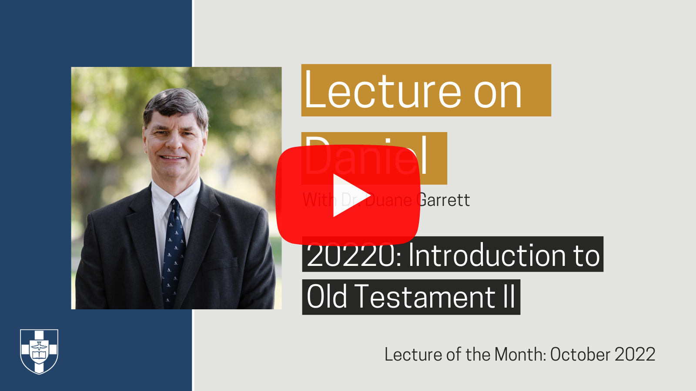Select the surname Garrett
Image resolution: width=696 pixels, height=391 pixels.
tap(443, 200)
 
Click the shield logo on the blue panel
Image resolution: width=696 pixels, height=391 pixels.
tap(39, 351)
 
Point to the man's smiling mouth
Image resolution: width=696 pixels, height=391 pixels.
tap(173, 158)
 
